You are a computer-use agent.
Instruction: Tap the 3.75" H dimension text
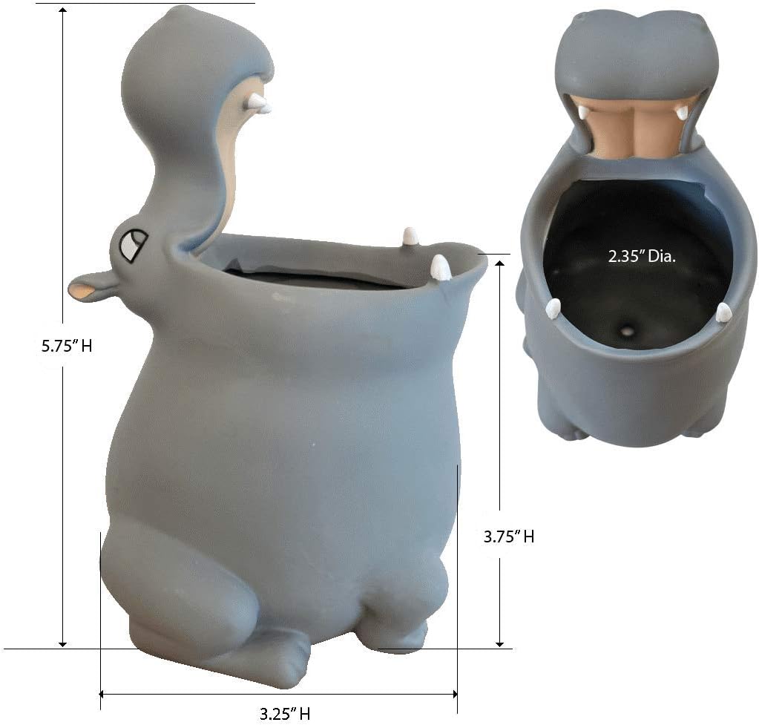point(508,537)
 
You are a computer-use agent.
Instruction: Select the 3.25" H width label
point(284,714)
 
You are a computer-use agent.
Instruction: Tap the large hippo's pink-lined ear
point(91,287)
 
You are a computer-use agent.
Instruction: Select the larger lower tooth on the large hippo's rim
point(440,268)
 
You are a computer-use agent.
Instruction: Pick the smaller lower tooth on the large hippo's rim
point(410,237)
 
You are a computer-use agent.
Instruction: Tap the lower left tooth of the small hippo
point(553,308)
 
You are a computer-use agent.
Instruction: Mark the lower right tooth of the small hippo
point(723,312)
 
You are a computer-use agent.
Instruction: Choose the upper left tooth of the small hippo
point(583,112)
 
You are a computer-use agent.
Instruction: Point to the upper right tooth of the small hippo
point(682,113)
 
